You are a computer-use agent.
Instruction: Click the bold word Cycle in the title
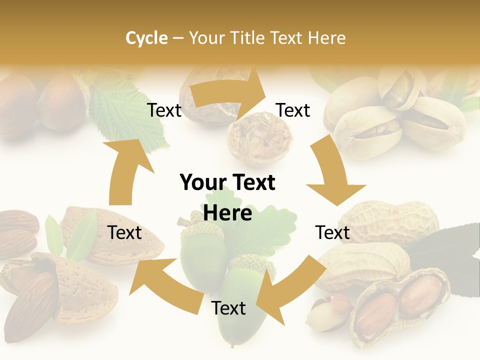pyautogui.click(x=146, y=38)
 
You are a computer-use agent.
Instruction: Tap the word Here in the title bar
pyautogui.click(x=326, y=38)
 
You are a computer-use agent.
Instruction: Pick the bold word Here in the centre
pyautogui.click(x=227, y=213)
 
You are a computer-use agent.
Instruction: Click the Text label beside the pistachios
pyautogui.click(x=293, y=110)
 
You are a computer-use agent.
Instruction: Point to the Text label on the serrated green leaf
pyautogui.click(x=164, y=110)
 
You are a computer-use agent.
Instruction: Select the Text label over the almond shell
pyautogui.click(x=124, y=232)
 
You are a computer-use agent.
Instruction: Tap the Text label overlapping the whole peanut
pyautogui.click(x=332, y=232)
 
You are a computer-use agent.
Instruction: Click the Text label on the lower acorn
pyautogui.click(x=228, y=308)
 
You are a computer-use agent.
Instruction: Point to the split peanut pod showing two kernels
pyautogui.click(x=400, y=305)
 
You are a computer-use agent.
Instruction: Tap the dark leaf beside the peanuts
pyautogui.click(x=445, y=250)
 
